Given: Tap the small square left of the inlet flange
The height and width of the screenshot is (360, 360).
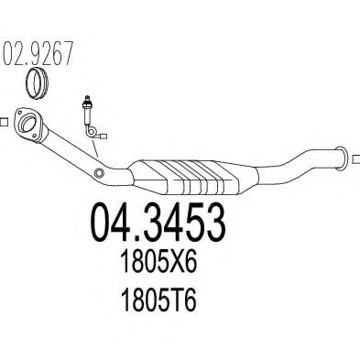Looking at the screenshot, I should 3,119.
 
